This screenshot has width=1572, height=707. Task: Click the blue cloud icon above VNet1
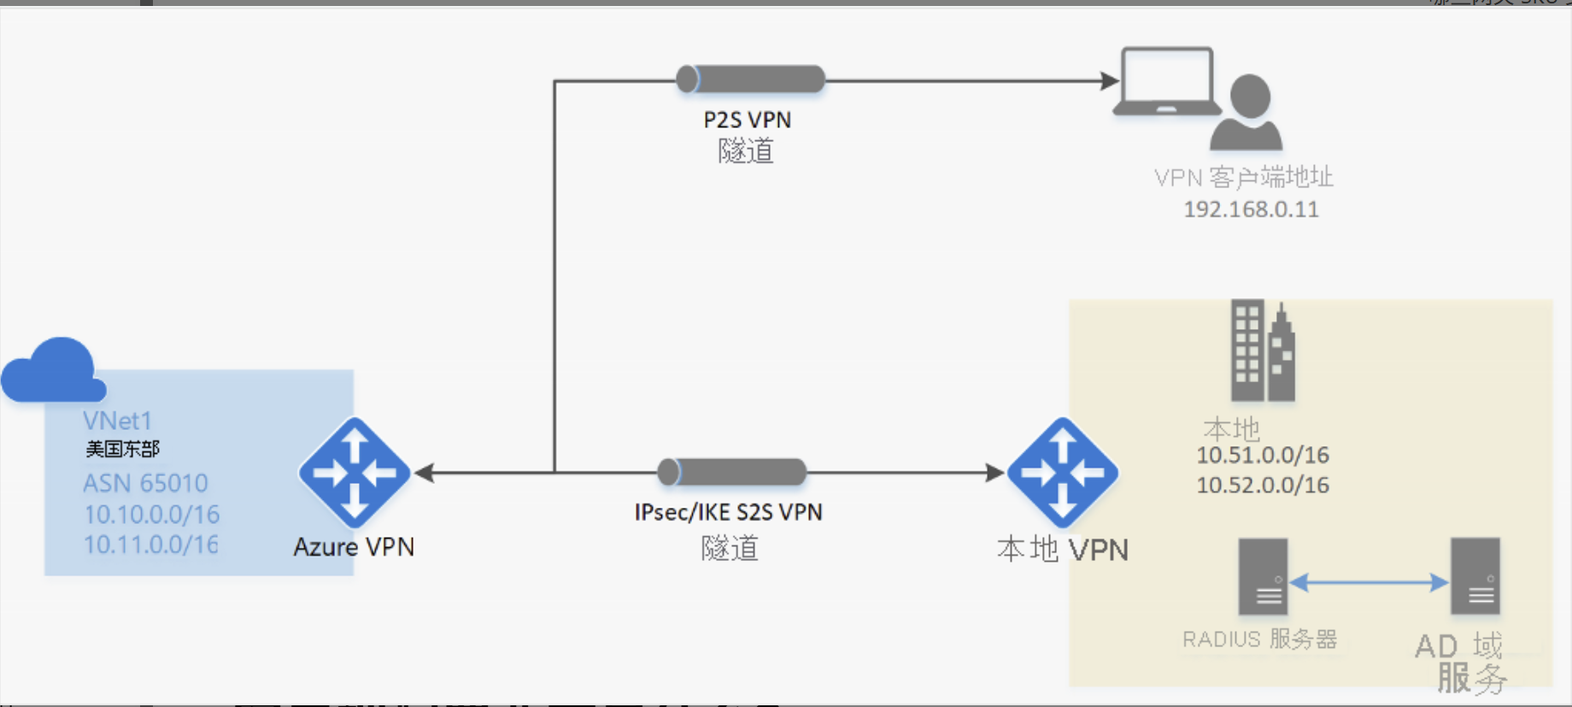pyautogui.click(x=54, y=371)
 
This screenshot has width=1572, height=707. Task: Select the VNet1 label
pyautogui.click(x=117, y=421)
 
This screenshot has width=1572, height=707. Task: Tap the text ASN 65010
pyautogui.click(x=145, y=483)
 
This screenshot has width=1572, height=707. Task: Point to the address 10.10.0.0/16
pyautogui.click(x=151, y=514)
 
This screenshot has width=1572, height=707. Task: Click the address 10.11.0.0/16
pyautogui.click(x=151, y=545)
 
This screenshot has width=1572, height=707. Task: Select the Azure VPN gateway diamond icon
pyautogui.click(x=355, y=472)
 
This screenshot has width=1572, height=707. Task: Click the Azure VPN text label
pyautogui.click(x=354, y=547)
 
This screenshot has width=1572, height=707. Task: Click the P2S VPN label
pyautogui.click(x=747, y=120)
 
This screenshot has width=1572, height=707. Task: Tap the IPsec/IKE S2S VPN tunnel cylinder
pyautogui.click(x=731, y=472)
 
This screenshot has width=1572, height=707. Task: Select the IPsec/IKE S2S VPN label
pyautogui.click(x=728, y=512)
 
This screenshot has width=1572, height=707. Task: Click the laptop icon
pyautogui.click(x=1167, y=82)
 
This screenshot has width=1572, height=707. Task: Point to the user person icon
pyautogui.click(x=1247, y=113)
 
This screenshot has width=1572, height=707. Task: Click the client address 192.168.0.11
pyautogui.click(x=1251, y=209)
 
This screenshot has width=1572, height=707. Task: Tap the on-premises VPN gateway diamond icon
pyautogui.click(x=1062, y=472)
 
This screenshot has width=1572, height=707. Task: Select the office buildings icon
pyautogui.click(x=1262, y=351)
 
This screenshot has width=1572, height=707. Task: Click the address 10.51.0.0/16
pyautogui.click(x=1262, y=455)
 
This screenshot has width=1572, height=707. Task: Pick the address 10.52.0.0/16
pyautogui.click(x=1262, y=486)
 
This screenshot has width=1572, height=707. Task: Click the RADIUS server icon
pyautogui.click(x=1263, y=576)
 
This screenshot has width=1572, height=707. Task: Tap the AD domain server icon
pyautogui.click(x=1475, y=576)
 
